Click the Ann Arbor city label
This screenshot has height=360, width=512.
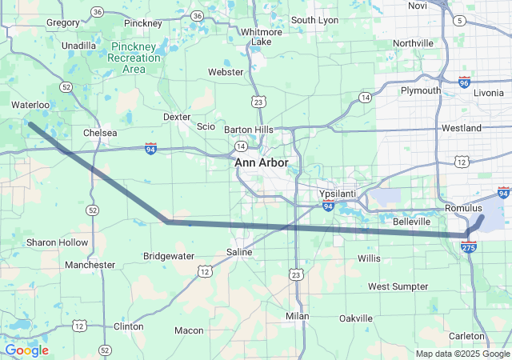pyautogui.click(x=262, y=162)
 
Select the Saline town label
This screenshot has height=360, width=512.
pyautogui.click(x=239, y=252)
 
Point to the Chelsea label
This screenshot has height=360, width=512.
pyautogui.click(x=100, y=133)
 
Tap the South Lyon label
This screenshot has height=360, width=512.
pyautogui.click(x=314, y=20)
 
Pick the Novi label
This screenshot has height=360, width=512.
pyautogui.click(x=418, y=6)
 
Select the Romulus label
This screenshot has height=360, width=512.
pyautogui.click(x=464, y=208)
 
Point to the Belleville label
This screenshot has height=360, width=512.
pyautogui.click(x=412, y=221)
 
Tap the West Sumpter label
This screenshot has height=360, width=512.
pyautogui.click(x=398, y=286)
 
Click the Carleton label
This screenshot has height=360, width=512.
pyautogui.click(x=466, y=336)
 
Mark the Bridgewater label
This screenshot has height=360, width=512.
pyautogui.click(x=168, y=256)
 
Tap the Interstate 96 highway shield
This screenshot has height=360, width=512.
pyautogui.click(x=465, y=82)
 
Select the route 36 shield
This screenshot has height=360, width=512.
pyautogui.click(x=97, y=12)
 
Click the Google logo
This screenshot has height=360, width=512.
pyautogui.click(x=26, y=350)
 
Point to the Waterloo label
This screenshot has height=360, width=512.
pyautogui.click(x=30, y=105)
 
